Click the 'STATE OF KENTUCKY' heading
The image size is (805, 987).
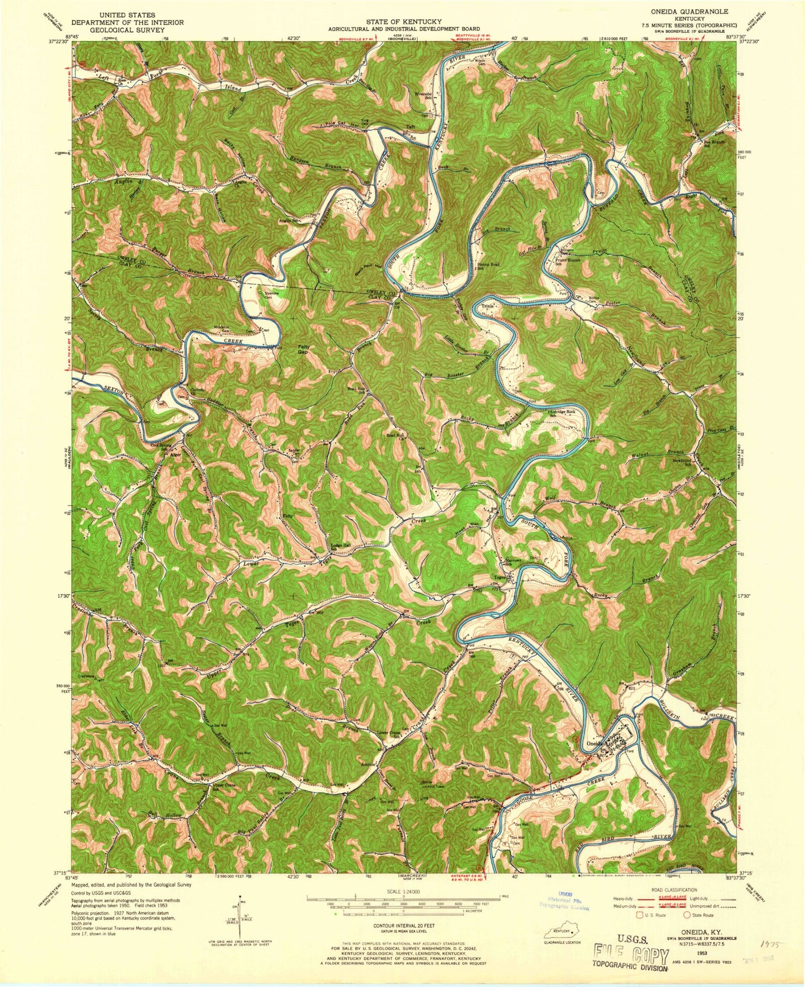coord(392,22)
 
